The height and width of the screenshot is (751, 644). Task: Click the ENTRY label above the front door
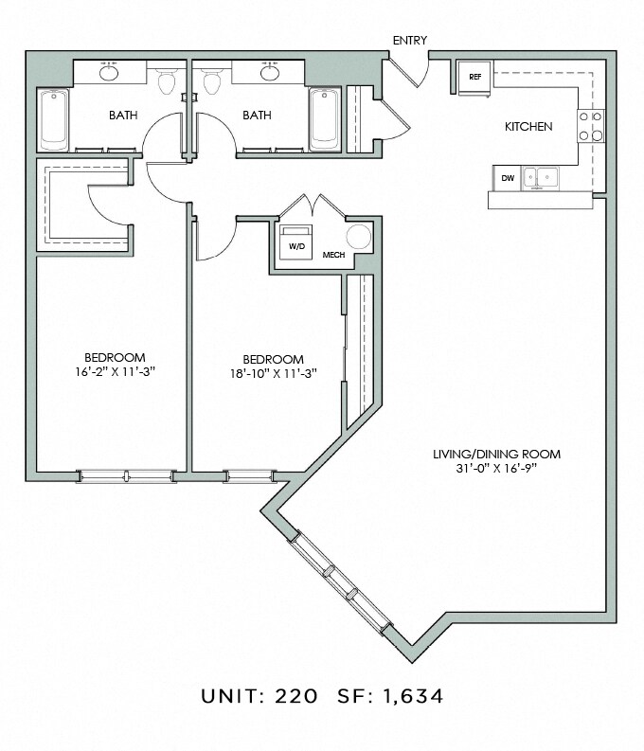(x=410, y=41)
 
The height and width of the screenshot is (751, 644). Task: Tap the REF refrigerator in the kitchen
(x=474, y=78)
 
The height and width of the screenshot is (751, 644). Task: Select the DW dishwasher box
(x=508, y=178)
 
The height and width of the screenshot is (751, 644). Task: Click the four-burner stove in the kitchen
(x=590, y=126)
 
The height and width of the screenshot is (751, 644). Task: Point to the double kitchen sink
(x=541, y=178)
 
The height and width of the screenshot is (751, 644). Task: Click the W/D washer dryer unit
(x=296, y=241)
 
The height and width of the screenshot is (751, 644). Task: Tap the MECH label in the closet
(x=333, y=255)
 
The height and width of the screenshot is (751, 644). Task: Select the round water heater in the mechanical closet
(x=359, y=237)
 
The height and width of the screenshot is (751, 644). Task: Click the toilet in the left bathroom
(x=167, y=80)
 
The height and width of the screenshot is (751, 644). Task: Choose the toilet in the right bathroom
(x=211, y=80)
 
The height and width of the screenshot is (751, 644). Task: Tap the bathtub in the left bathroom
(x=54, y=120)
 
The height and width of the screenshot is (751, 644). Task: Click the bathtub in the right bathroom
(x=325, y=119)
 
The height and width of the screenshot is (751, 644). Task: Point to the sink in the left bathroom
(x=109, y=72)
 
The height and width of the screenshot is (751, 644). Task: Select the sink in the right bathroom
(x=270, y=72)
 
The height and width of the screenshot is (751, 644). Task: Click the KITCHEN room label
(x=528, y=127)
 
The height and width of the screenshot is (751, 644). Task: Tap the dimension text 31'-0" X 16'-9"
(x=496, y=469)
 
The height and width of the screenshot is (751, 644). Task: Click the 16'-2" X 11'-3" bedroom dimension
(x=116, y=371)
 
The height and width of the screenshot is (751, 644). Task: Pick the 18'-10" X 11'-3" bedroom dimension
(x=274, y=373)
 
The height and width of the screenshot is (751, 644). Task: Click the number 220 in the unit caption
(x=295, y=696)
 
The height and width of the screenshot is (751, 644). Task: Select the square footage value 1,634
(x=413, y=696)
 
